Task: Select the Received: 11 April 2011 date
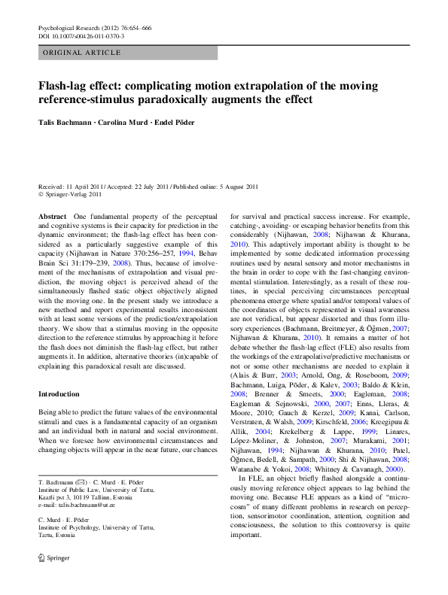coord(71,185)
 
